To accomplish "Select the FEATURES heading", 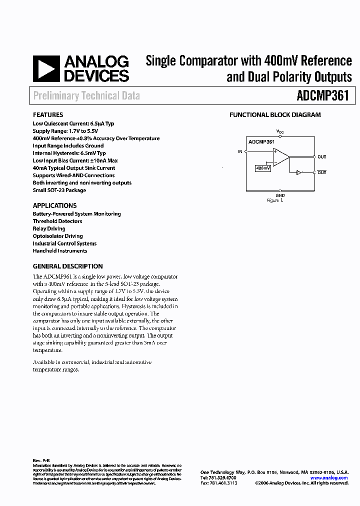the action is pyautogui.click(x=48, y=114).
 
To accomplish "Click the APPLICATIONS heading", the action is pyautogui.click(x=54, y=205).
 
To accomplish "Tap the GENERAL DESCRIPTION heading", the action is pyautogui.click(x=67, y=266).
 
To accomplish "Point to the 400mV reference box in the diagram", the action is pyautogui.click(x=263, y=168).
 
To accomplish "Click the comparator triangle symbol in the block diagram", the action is pyautogui.click(x=280, y=156).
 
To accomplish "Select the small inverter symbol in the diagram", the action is pyautogui.click(x=299, y=172).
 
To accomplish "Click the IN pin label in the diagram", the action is pyautogui.click(x=240, y=151).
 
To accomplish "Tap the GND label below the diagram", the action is pyautogui.click(x=280, y=195).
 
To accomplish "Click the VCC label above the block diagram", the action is pyautogui.click(x=280, y=131).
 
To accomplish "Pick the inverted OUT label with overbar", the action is pyautogui.click(x=321, y=172).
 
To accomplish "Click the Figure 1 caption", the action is pyautogui.click(x=275, y=200).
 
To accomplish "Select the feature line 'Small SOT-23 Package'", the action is pyautogui.click(x=59, y=190).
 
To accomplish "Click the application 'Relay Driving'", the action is pyautogui.click(x=49, y=228).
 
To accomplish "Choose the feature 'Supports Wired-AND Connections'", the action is pyautogui.click(x=73, y=175).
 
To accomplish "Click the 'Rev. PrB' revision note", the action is pyautogui.click(x=41, y=460).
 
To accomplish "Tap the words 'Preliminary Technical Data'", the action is pyautogui.click(x=86, y=95).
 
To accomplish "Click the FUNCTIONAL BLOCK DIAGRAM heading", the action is pyautogui.click(x=275, y=114).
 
